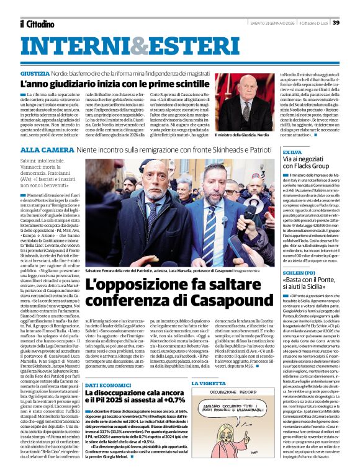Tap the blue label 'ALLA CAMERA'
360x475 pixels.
pyautogui.click(x=39, y=150)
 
